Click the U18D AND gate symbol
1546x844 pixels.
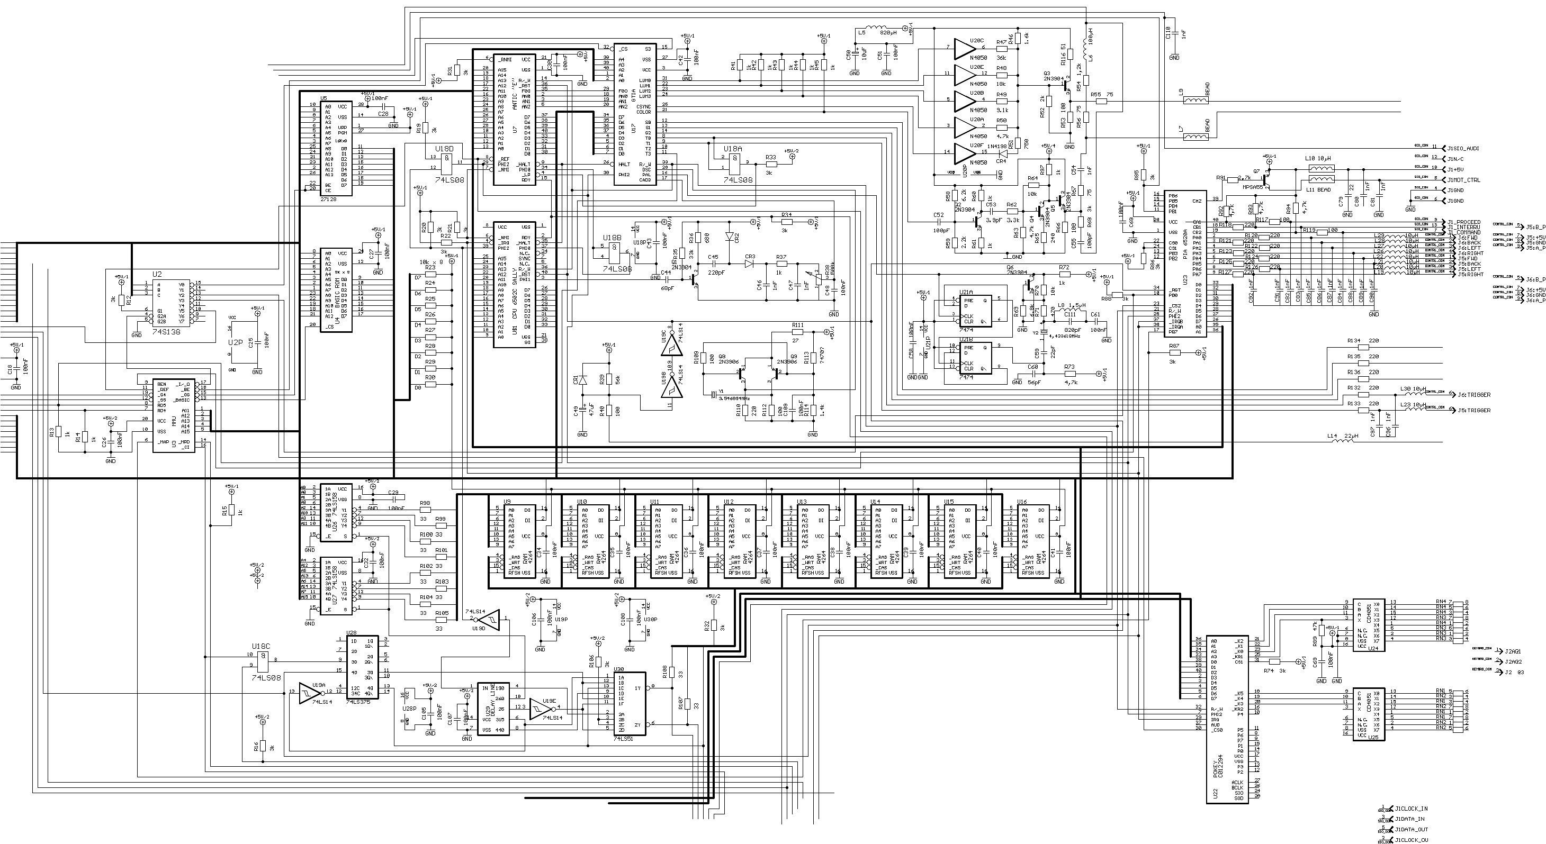click(447, 161)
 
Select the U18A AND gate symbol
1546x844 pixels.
click(733, 161)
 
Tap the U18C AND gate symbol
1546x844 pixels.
click(262, 661)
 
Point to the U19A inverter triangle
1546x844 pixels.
click(308, 692)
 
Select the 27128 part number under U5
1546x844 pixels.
click(328, 198)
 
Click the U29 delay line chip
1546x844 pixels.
click(493, 709)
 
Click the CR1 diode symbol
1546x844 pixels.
click(581, 380)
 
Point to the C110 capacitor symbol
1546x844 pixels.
click(1174, 35)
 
